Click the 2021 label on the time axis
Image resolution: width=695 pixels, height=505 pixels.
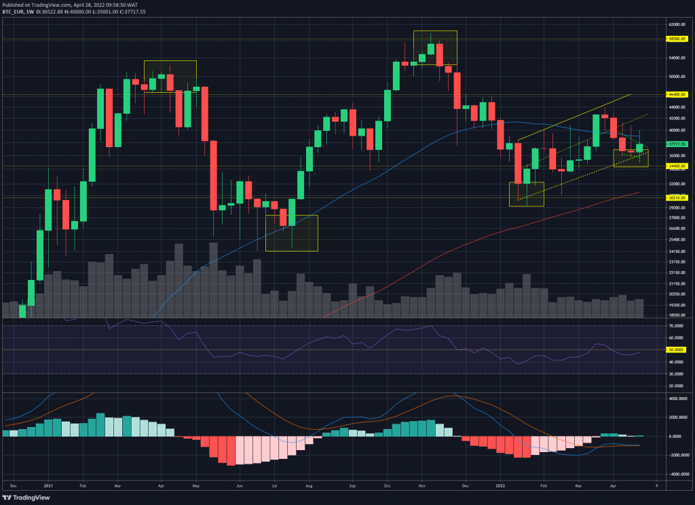48,486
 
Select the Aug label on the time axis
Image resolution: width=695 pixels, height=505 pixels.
309,486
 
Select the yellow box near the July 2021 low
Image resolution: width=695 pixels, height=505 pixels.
291,233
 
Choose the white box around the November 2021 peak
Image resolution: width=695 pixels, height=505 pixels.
435,48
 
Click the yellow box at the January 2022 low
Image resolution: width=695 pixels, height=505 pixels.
526,194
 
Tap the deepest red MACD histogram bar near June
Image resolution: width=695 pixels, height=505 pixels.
231,451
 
